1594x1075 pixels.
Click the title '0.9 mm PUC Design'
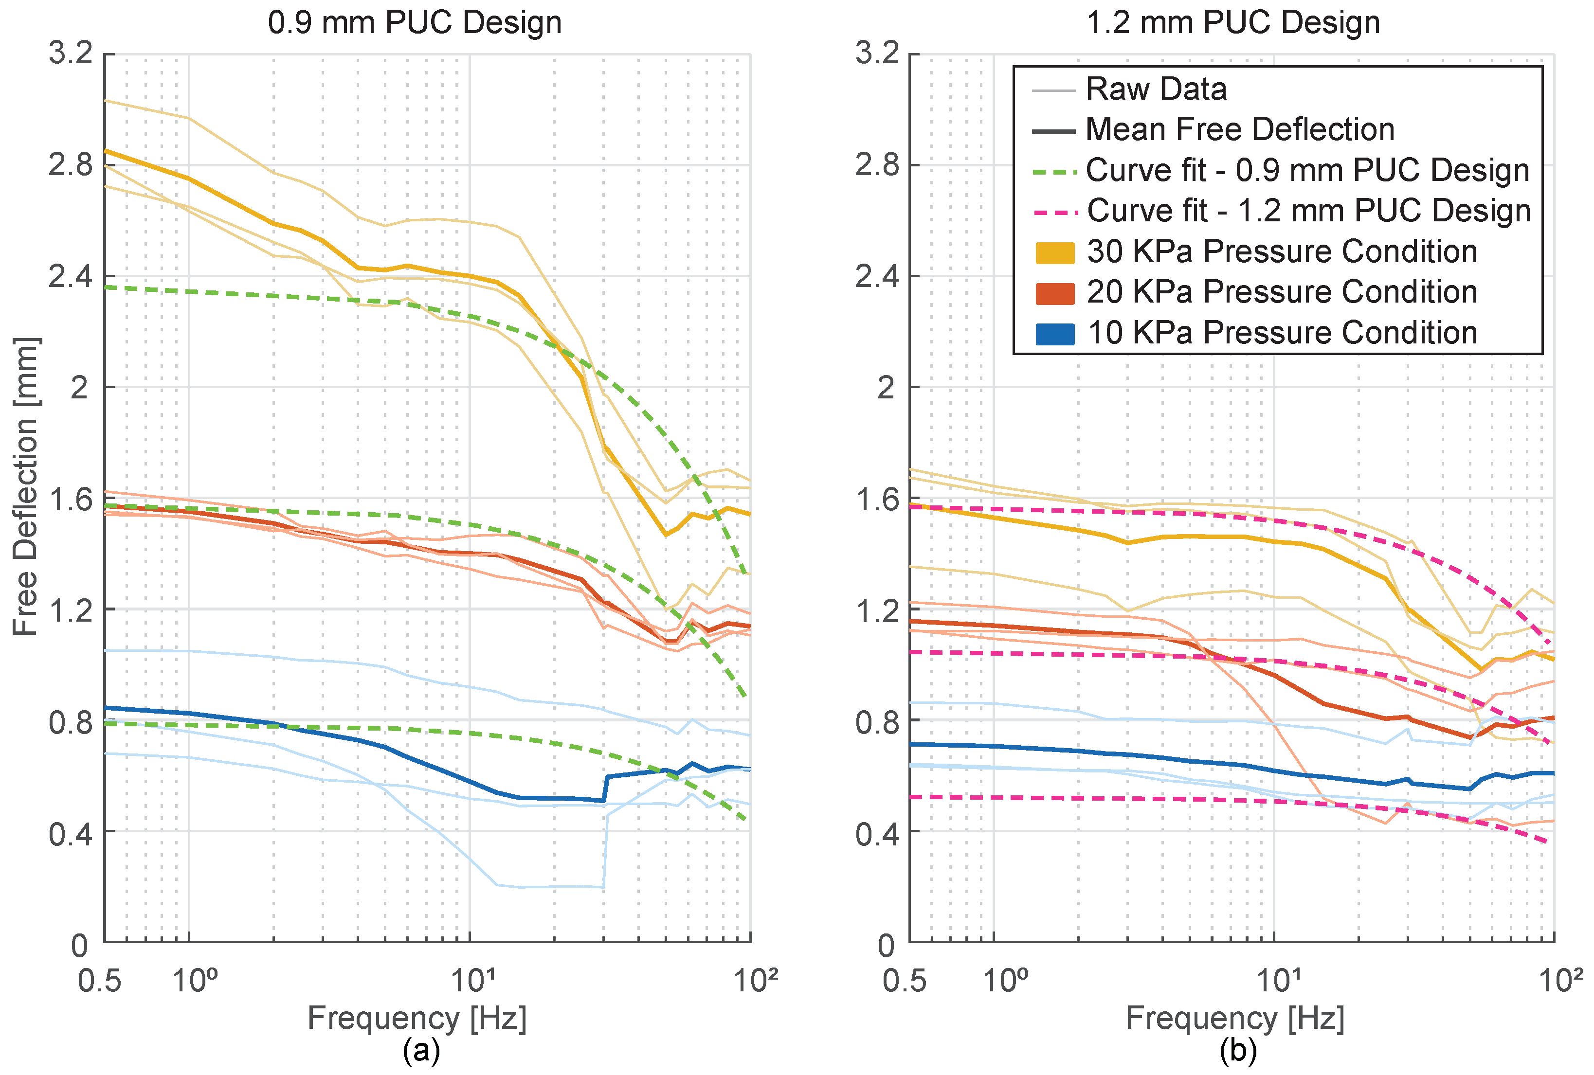(x=415, y=23)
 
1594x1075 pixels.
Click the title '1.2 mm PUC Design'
(x=1232, y=23)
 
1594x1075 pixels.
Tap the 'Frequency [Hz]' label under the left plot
(x=417, y=1018)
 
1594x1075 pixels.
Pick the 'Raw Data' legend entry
(x=1156, y=89)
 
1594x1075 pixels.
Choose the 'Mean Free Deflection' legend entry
(x=1240, y=129)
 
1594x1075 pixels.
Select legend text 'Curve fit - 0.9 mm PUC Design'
(x=1307, y=170)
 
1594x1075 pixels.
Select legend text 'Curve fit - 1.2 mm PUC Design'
(x=1308, y=211)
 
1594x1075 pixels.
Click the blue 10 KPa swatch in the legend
(x=1054, y=333)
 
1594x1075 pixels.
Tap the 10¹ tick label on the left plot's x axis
(x=471, y=981)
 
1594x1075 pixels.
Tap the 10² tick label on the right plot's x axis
(x=1560, y=981)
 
